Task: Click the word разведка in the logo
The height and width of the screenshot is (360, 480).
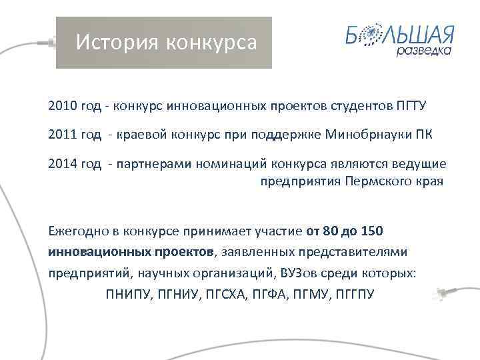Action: [x=424, y=51]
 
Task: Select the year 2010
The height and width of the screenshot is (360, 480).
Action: [x=62, y=106]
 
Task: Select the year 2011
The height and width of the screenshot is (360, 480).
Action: [x=62, y=135]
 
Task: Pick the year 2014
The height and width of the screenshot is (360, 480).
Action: [x=62, y=164]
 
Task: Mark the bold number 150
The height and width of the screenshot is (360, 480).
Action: [x=371, y=231]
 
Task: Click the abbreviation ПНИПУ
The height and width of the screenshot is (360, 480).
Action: [x=127, y=293]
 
